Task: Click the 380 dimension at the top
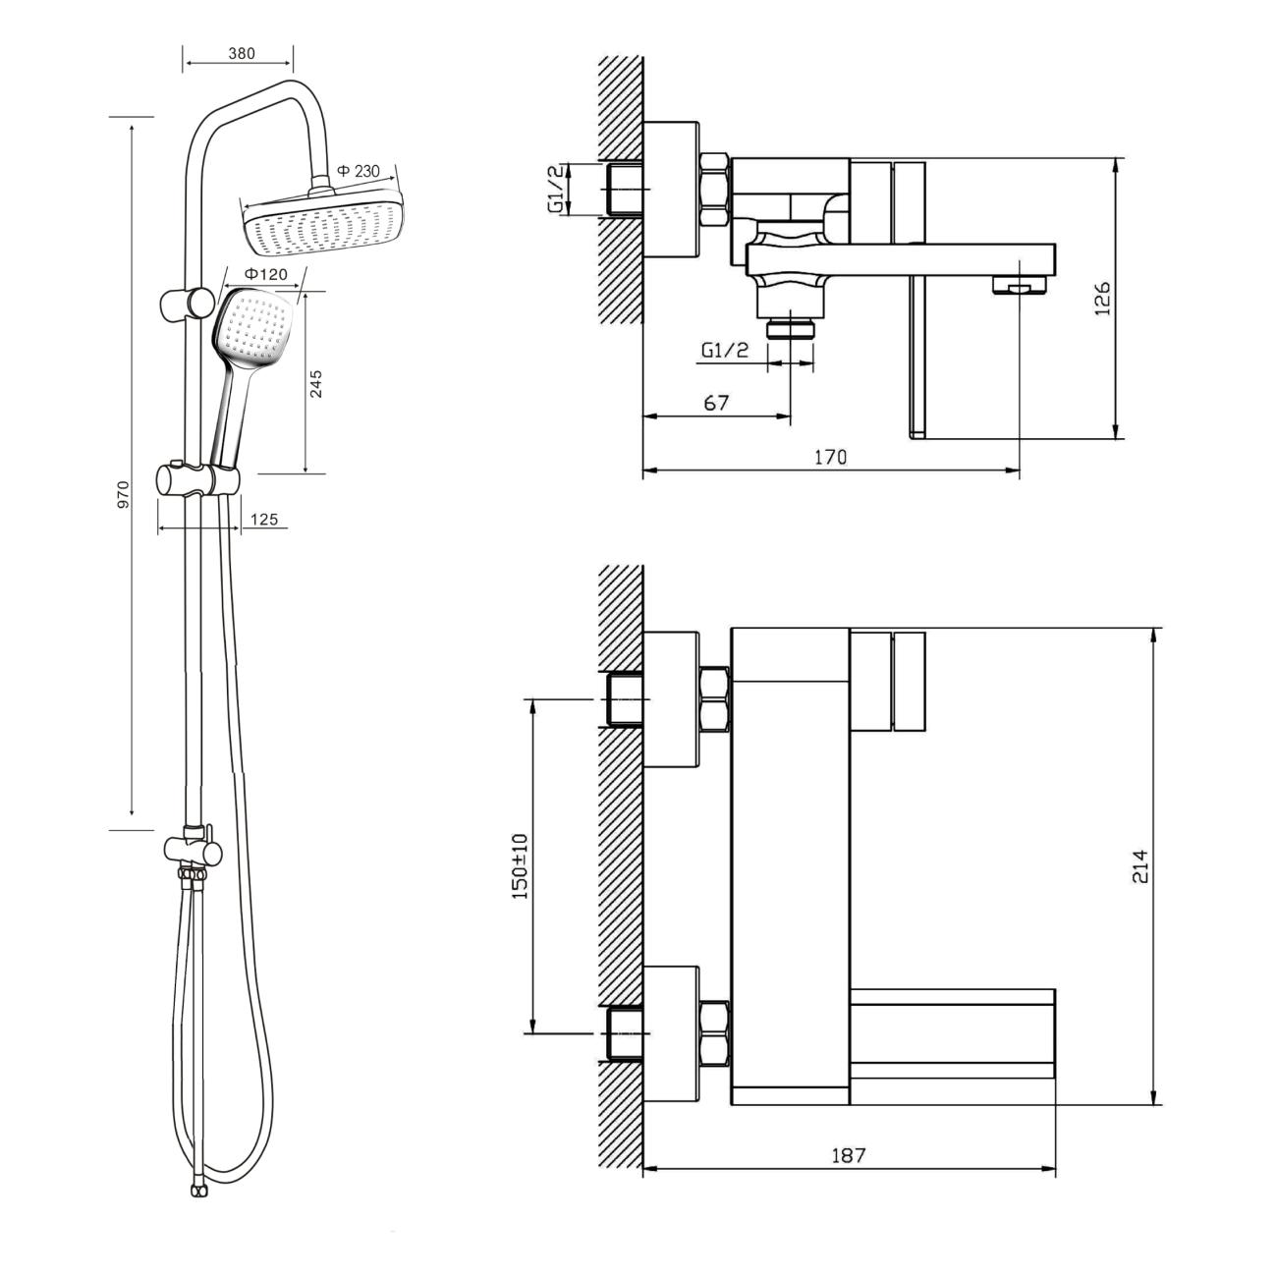pos(242,53)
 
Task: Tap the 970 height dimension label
pos(124,496)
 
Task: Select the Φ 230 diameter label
pos(359,171)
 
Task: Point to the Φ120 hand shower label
pos(266,274)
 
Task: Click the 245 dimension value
pos(316,384)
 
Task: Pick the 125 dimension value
pos(264,519)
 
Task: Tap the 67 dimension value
pos(716,402)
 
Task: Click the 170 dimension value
pos(830,457)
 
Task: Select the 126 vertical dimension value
pos(1101,299)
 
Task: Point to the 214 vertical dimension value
pos(1139,865)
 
